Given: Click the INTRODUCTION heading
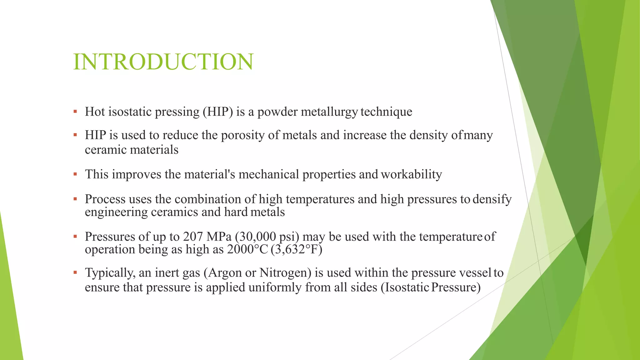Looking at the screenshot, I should point(163,62).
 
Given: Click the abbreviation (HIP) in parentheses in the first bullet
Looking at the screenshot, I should point(218,112).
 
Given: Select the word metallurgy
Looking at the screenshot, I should point(329,112).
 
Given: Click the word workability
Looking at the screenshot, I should point(411,174).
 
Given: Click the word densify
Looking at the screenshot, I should point(492,199).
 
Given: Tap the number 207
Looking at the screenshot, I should point(193,237).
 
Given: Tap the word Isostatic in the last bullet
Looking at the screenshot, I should point(405,287).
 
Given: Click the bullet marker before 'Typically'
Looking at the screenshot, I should point(75,273).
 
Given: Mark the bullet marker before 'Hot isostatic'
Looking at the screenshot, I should point(75,112).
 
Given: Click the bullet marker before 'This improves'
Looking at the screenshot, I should point(75,174).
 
